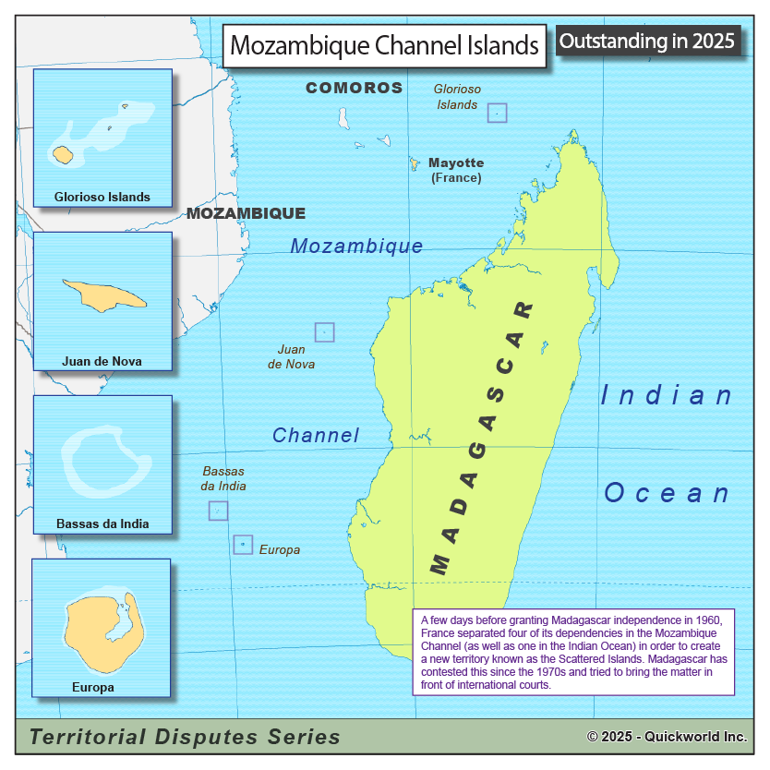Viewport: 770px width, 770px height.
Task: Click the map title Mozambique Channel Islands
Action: coord(384,45)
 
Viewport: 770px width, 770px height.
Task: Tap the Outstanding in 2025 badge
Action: coord(647,41)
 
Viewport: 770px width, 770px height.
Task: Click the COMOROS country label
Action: coord(355,88)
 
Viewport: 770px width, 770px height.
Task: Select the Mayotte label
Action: coord(456,162)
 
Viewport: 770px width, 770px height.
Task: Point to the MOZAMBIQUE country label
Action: coord(246,213)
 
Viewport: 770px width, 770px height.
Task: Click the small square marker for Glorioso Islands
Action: coord(498,113)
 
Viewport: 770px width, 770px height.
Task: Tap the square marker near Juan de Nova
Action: coord(324,332)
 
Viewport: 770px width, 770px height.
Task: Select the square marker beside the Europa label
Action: coord(243,545)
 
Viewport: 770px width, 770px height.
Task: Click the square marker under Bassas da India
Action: coord(218,511)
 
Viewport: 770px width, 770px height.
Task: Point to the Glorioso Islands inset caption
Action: coord(102,197)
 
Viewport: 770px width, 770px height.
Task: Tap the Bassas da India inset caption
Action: coord(102,524)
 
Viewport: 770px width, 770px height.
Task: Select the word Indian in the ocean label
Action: coord(667,395)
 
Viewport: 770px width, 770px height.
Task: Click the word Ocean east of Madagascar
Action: coord(667,492)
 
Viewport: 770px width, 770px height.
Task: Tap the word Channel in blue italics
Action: coord(316,435)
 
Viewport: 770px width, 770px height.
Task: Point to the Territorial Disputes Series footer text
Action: coord(185,737)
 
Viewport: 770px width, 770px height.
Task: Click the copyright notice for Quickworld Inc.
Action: coord(667,737)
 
